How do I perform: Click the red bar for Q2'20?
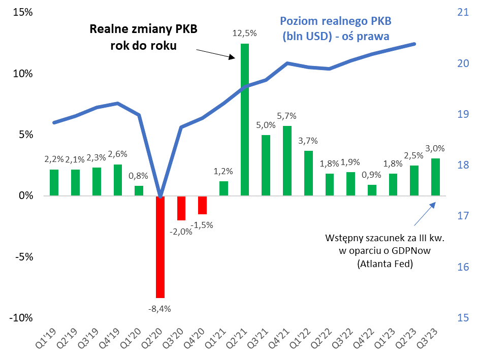click(x=160, y=247)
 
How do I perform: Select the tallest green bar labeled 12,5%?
click(x=245, y=119)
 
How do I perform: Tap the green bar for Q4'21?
click(x=287, y=160)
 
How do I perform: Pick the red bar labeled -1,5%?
click(x=202, y=205)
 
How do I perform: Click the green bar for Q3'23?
click(x=435, y=177)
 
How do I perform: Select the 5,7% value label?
click(x=287, y=117)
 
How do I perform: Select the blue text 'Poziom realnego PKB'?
click(x=337, y=22)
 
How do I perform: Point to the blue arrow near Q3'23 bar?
click(x=424, y=213)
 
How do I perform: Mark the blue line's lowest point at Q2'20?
click(x=161, y=196)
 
